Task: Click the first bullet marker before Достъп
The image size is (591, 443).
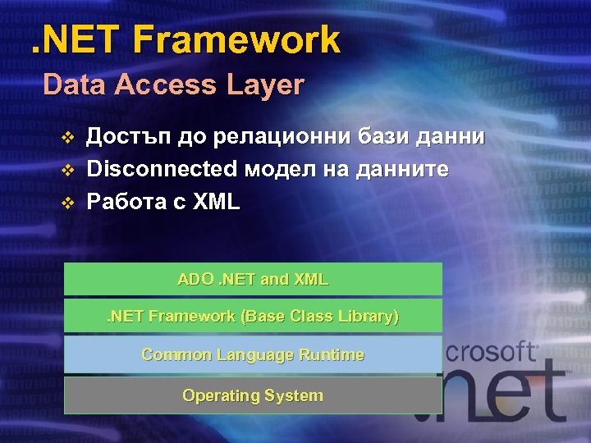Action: click(68, 136)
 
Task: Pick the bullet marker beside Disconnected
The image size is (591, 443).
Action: click(68, 170)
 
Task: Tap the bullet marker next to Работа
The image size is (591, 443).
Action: click(68, 203)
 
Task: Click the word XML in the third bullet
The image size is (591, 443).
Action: click(216, 202)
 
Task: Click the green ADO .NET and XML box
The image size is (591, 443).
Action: click(253, 279)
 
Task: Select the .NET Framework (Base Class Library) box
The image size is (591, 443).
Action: click(253, 316)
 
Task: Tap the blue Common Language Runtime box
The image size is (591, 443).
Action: click(253, 354)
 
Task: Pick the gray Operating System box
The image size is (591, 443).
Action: click(253, 395)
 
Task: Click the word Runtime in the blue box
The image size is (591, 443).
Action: click(331, 354)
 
